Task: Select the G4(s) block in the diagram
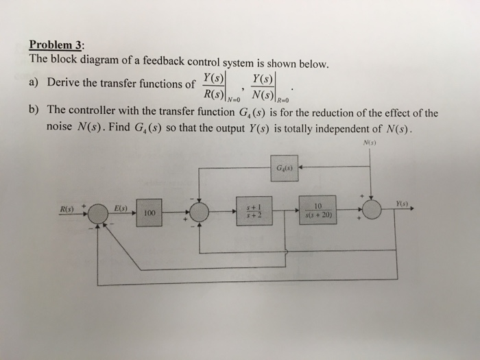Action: click(283, 167)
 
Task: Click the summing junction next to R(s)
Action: click(99, 213)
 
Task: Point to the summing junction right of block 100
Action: click(199, 212)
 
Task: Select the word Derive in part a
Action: click(65, 84)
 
